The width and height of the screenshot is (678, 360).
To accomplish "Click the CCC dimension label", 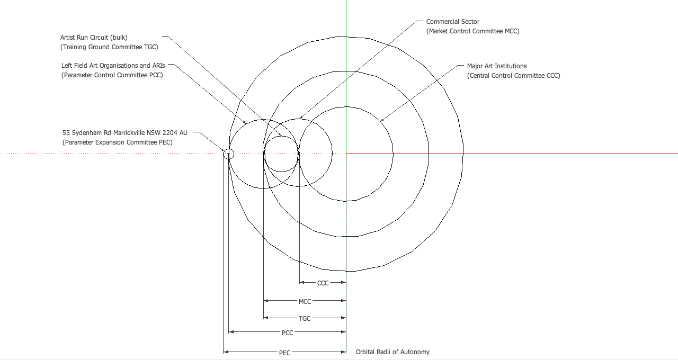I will tap(323, 283).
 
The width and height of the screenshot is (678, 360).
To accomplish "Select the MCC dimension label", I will tap(305, 301).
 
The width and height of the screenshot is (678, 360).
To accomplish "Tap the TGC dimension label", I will tap(305, 319).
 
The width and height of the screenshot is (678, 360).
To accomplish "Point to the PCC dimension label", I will tap(287, 333).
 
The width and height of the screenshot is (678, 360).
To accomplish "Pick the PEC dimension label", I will tap(284, 353).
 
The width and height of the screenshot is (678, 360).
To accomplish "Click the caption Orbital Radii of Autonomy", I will tap(392, 352).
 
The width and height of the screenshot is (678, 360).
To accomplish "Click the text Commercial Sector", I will tap(453, 22).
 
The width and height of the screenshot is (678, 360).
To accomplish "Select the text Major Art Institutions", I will tap(497, 66).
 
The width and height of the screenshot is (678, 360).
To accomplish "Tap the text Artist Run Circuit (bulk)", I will tap(94, 38).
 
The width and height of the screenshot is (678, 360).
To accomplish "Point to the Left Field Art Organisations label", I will tap(113, 66).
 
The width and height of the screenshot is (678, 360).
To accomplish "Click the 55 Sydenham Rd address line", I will tap(125, 133).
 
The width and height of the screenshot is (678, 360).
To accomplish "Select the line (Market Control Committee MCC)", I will tap(473, 31).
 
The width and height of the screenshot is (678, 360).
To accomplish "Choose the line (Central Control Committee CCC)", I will tap(513, 76).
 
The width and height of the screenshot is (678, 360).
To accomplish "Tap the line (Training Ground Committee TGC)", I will tap(109, 47).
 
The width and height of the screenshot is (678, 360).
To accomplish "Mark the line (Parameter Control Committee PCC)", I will tap(112, 75).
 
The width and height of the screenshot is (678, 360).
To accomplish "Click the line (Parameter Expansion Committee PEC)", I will tap(117, 142).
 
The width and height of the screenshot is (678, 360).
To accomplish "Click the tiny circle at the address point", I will tap(228, 154).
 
